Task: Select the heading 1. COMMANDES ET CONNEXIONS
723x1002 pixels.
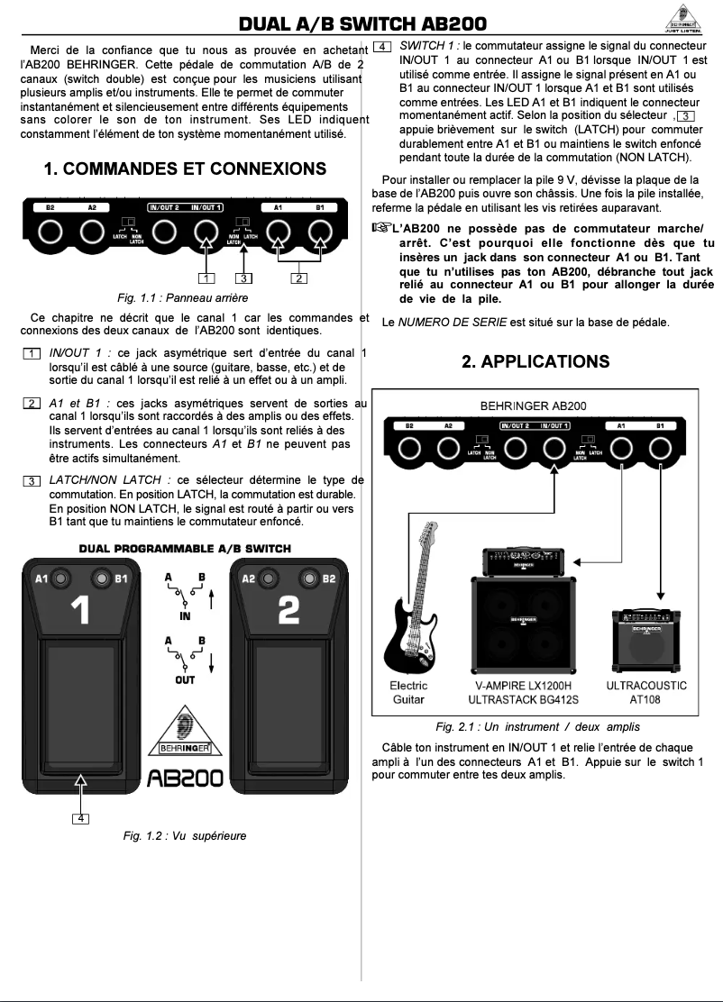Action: [185, 169]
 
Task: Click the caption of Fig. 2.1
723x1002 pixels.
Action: [545, 727]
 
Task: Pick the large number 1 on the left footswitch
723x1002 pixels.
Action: [80, 611]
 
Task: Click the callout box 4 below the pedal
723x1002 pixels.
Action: [82, 817]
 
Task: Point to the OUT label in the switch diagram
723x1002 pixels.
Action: [185, 681]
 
